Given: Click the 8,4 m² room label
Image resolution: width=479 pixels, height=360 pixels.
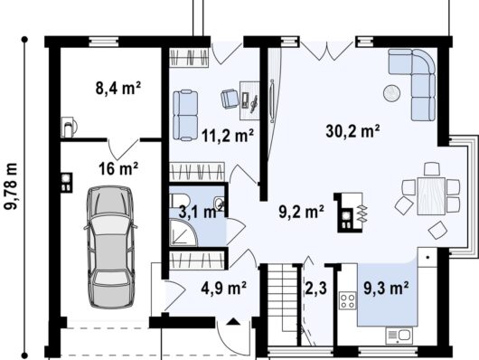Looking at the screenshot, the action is [x=118, y=89].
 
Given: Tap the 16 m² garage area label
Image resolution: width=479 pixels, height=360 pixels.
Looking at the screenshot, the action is [x=118, y=168].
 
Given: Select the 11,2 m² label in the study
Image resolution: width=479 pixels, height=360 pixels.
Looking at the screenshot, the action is [x=228, y=136].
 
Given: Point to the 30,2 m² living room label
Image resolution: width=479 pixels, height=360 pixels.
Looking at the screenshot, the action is [x=353, y=131].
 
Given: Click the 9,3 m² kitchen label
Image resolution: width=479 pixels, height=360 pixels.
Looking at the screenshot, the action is [x=386, y=288].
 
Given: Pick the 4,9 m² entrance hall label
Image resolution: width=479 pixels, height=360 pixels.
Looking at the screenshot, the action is [x=223, y=288].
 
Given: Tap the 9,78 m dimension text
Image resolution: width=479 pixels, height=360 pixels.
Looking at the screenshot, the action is [x=12, y=186].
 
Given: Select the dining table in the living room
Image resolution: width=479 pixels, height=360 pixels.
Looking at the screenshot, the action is [x=431, y=196].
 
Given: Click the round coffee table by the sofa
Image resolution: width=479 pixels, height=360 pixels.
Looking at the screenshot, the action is [x=392, y=93].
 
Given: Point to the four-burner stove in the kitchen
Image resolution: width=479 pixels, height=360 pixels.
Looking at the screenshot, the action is [x=348, y=300].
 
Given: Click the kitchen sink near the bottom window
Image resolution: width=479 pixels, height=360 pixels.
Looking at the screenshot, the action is [x=399, y=336].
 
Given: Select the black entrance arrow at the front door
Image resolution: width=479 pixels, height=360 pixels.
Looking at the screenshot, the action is [x=234, y=321].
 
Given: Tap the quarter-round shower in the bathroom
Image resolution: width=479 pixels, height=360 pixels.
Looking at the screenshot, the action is [x=183, y=232].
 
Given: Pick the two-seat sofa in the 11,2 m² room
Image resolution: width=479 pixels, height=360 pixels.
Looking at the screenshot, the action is [x=185, y=115].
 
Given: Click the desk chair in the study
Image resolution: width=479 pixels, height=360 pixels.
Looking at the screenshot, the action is [x=230, y=99].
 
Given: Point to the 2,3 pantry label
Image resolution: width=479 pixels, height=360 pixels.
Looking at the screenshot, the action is [x=316, y=288].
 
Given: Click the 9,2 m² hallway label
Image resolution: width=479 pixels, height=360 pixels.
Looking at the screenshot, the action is [x=302, y=212].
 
